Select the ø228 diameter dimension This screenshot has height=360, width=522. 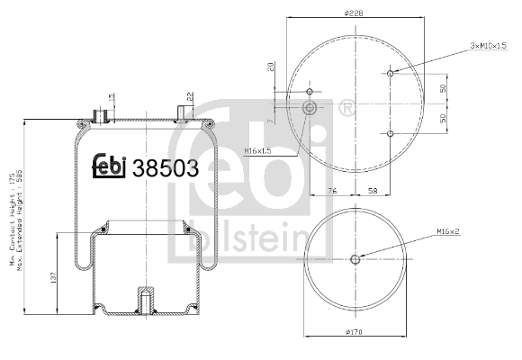coord(352,12)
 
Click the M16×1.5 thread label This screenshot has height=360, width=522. coord(258,150)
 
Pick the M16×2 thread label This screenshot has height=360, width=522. coord(450,231)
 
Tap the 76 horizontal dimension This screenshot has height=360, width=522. coord(332,190)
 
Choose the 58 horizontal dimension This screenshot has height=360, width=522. coord(371,190)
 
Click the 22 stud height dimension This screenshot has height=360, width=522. coord(191,95)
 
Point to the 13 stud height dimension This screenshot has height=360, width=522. coord(112,97)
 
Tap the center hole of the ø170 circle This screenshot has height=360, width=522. coord(354,260)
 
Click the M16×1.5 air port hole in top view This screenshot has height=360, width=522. coord(310,107)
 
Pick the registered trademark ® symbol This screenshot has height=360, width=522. coord(345,108)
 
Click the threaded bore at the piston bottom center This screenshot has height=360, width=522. coord(143,299)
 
